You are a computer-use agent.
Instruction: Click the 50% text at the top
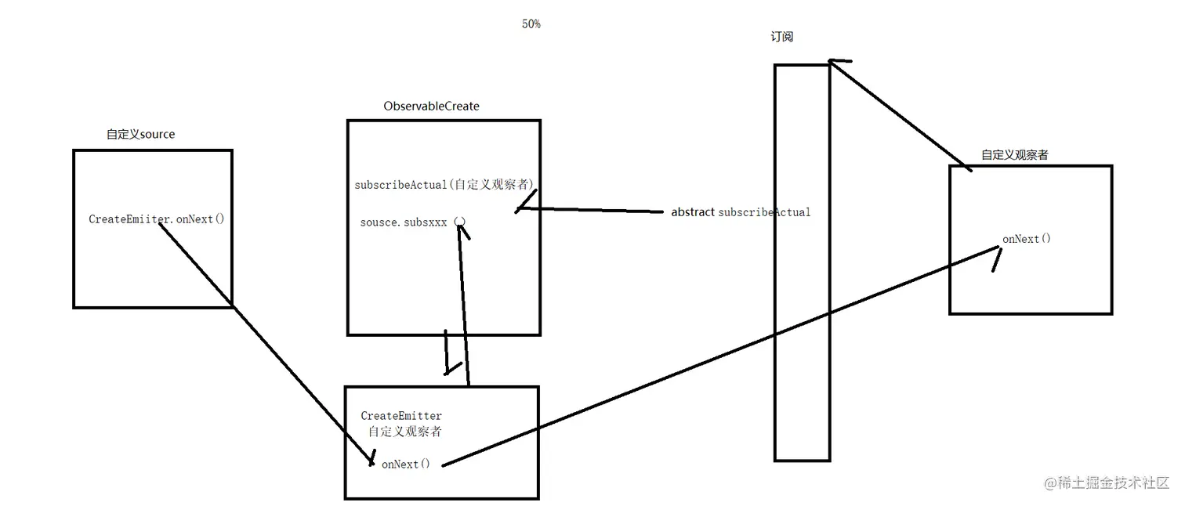[531, 24]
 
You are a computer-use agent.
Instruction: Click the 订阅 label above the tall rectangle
[781, 37]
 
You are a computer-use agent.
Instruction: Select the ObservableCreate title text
[431, 106]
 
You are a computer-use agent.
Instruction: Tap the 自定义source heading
[141, 134]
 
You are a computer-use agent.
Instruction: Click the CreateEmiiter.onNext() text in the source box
[156, 219]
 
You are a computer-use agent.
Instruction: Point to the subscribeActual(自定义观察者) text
[444, 185]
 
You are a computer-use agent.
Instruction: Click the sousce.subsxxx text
[404, 222]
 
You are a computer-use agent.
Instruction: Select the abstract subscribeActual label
[741, 212]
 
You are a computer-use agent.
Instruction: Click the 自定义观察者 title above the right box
[1014, 155]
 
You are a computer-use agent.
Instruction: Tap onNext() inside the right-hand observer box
[1026, 239]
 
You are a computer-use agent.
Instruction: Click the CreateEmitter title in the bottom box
[401, 416]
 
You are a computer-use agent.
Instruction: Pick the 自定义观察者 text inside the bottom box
[404, 432]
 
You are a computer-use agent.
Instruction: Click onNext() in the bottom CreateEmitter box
[405, 464]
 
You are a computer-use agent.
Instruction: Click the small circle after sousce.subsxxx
[460, 222]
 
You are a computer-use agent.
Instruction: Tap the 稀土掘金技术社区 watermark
[1106, 483]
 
